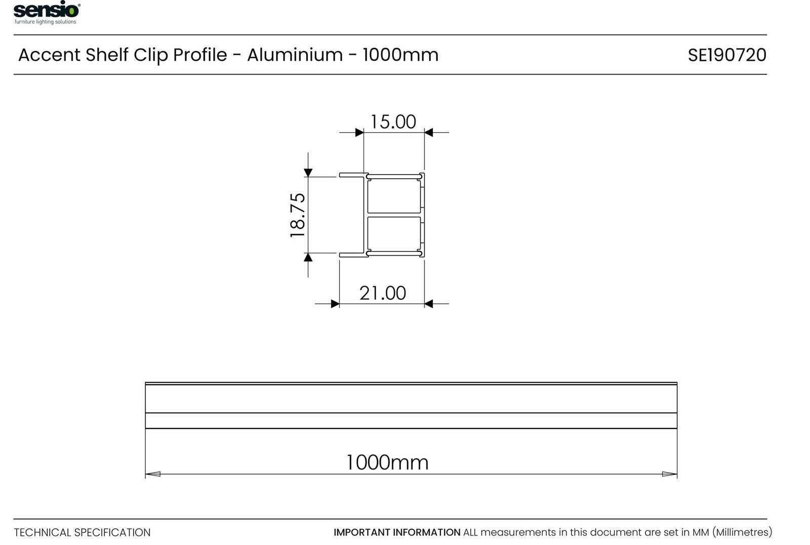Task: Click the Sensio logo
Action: pos(47,12)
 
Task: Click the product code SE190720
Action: pos(727,55)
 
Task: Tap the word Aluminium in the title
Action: pos(295,55)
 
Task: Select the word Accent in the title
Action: pos(50,55)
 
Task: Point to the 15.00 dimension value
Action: pos(393,122)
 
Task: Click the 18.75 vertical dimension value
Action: pos(298,215)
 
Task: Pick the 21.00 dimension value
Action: pos(383,293)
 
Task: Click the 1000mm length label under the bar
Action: pos(387,462)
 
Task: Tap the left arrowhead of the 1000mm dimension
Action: pos(152,474)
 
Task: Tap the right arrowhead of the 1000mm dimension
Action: pos(669,474)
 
